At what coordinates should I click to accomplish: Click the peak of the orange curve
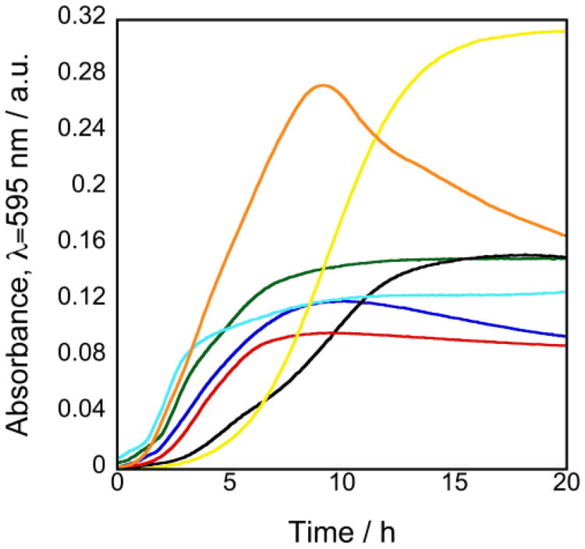323,85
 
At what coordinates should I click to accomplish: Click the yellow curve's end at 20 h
564,31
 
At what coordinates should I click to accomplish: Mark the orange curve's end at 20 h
564,235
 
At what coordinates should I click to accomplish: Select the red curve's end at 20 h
564,345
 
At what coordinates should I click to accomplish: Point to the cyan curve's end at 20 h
564,292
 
